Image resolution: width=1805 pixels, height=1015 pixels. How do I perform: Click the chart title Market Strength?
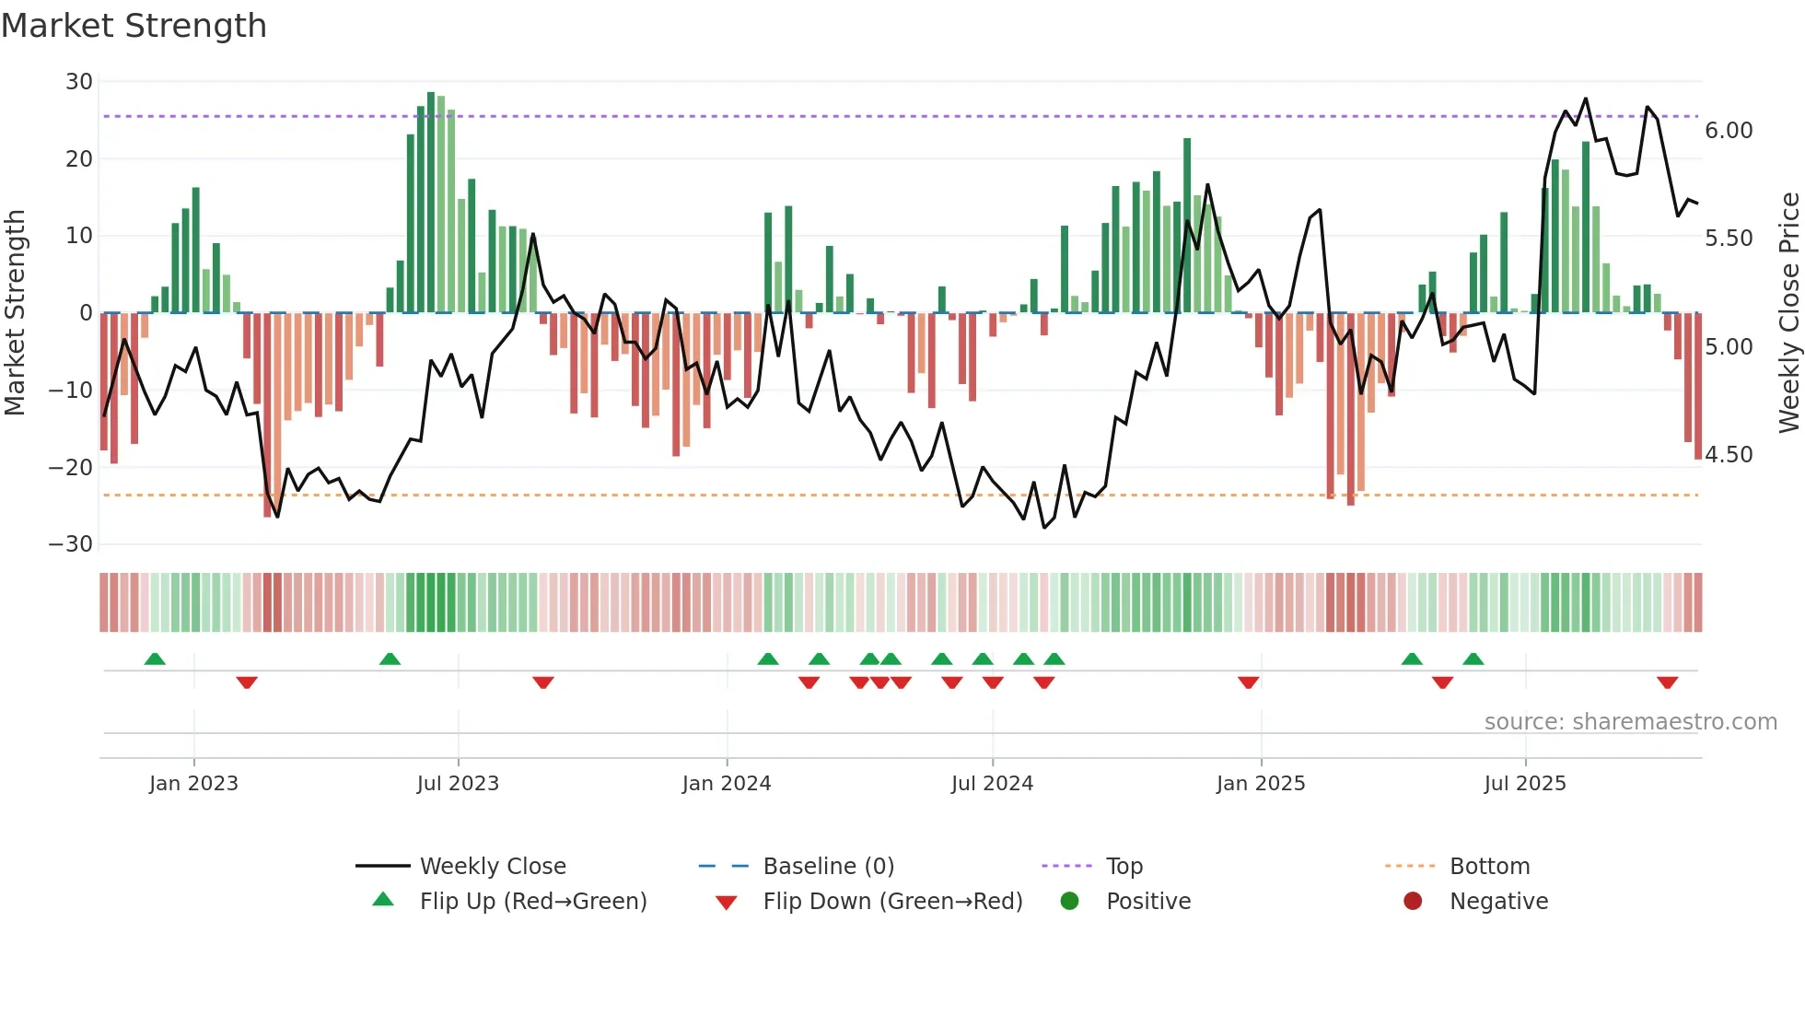134,26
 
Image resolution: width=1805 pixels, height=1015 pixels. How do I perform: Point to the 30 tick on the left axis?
79,82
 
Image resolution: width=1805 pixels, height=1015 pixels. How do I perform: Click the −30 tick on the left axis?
71,544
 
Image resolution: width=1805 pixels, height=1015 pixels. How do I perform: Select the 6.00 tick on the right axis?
1729,131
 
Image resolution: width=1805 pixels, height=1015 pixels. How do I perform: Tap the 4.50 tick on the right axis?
1729,455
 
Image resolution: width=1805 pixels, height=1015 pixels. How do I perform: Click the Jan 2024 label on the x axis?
727,784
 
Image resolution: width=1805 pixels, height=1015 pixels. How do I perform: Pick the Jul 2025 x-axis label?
1525,784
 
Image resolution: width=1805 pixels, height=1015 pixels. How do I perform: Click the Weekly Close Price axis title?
1788,313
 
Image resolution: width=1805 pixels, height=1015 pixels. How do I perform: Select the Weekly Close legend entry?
493,867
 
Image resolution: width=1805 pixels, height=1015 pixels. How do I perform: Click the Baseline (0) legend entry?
828,867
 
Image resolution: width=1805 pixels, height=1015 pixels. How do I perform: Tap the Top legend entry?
1124,867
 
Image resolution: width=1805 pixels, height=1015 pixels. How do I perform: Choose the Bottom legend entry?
1489,867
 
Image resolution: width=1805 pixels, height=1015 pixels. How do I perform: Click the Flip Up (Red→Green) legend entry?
533,902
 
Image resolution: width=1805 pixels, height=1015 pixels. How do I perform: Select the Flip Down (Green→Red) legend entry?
892,902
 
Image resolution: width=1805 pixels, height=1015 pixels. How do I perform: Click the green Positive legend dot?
1069,901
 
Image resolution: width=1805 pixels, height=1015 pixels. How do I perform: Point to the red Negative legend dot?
1413,901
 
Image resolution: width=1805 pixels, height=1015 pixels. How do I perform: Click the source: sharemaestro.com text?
1630,722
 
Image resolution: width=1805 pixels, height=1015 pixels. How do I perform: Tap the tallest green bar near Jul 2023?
431,203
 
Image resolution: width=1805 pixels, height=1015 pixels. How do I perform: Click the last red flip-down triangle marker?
1667,682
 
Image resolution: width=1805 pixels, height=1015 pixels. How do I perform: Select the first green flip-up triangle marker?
155,659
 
